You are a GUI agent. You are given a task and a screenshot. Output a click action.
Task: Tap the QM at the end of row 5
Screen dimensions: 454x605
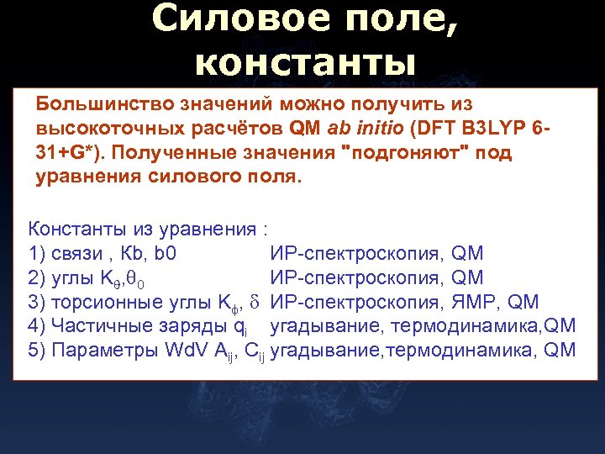pos(559,350)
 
